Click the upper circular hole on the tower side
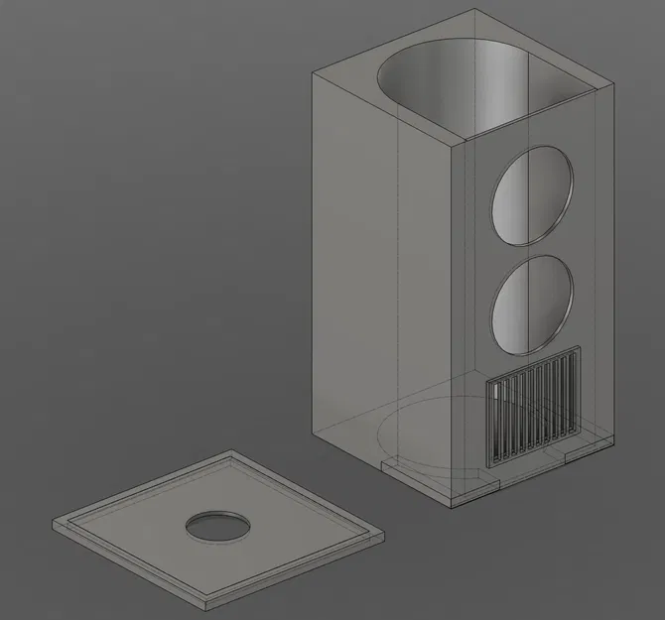pyautogui.click(x=533, y=195)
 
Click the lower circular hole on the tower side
pyautogui.click(x=533, y=306)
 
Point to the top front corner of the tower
pyautogui.click(x=454, y=146)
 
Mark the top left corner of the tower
pyautogui.click(x=312, y=75)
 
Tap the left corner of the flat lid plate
pyautogui.click(x=54, y=523)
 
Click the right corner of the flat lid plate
pyautogui.click(x=381, y=535)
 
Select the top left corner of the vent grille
pyautogui.click(x=485, y=378)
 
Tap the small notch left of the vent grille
pyautogui.click(x=388, y=464)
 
